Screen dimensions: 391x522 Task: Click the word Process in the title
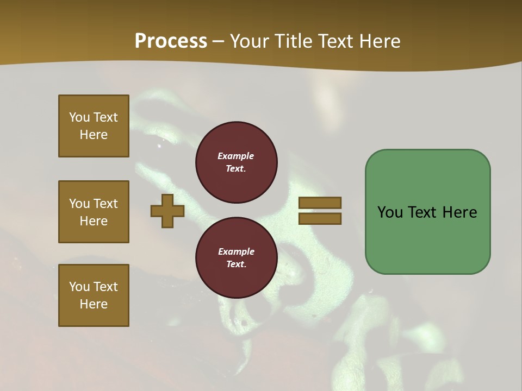coord(171,41)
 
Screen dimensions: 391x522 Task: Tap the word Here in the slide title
coord(379,41)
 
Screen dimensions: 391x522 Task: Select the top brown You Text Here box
coord(94,126)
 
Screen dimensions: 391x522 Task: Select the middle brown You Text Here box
coord(94,212)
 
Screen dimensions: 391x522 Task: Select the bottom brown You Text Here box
coord(94,295)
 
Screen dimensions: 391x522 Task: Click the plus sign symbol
coord(167,211)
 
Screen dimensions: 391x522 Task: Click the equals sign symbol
coord(320,211)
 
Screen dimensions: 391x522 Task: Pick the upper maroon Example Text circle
coord(236,162)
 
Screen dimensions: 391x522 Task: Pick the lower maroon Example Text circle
coord(236,257)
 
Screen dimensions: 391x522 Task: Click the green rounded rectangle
coord(427,239)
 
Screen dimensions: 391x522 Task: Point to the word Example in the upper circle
coord(236,156)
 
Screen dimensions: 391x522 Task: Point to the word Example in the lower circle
coord(236,251)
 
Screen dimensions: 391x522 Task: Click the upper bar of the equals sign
coord(320,203)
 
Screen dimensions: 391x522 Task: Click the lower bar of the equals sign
coord(320,218)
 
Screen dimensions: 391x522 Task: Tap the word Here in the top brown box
coord(94,135)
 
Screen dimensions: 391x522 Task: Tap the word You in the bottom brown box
coord(79,287)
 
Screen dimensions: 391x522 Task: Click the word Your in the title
coord(250,41)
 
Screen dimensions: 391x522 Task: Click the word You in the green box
coord(390,212)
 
